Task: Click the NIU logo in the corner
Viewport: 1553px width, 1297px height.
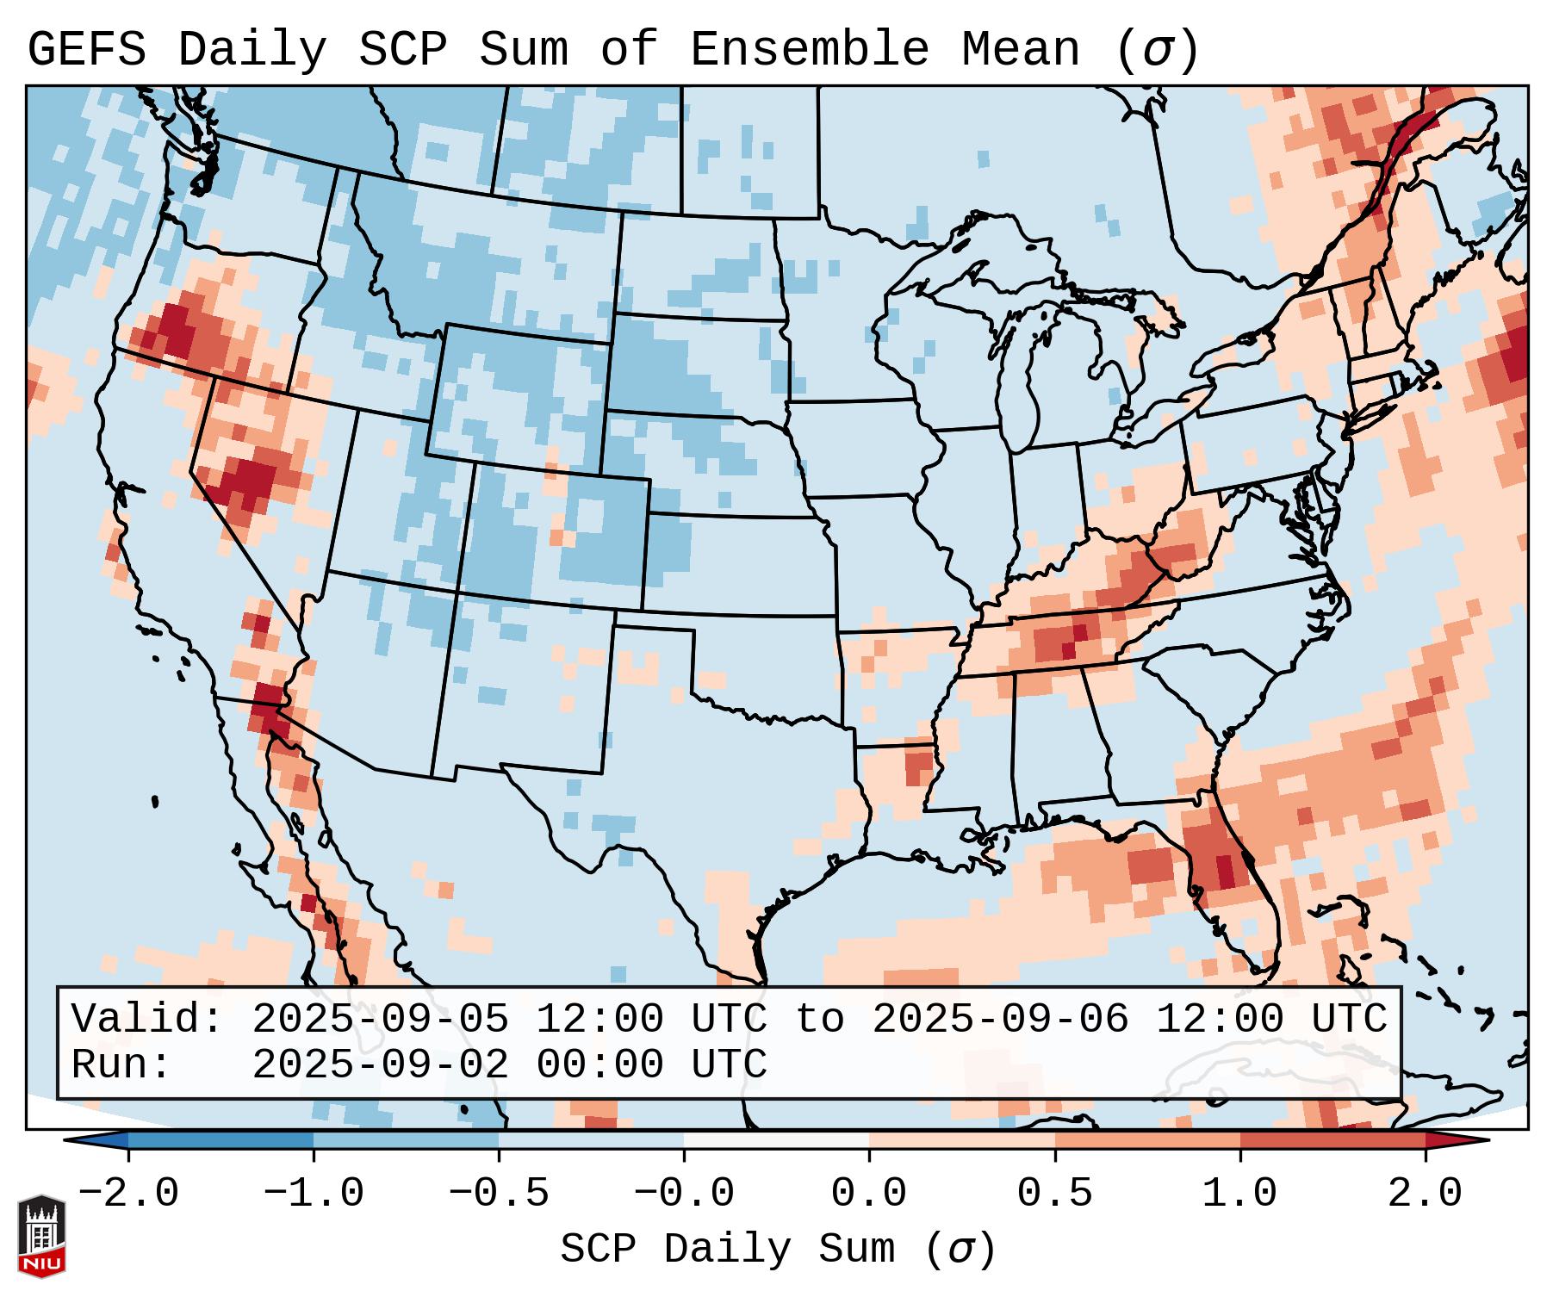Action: click(42, 1236)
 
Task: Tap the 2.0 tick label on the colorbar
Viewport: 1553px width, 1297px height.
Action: click(1425, 1194)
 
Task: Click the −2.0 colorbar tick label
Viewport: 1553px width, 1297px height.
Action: click(128, 1194)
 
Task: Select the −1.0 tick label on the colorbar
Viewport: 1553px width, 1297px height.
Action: click(314, 1194)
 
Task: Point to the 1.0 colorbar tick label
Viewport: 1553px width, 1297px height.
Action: click(1239, 1194)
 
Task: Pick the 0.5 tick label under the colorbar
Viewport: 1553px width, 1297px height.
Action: click(1054, 1194)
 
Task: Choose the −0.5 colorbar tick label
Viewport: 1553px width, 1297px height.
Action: click(499, 1194)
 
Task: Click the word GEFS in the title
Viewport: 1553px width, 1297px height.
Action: click(87, 50)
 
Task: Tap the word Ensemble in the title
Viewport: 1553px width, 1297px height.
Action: click(810, 50)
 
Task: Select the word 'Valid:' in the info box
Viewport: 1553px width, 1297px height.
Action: click(147, 1019)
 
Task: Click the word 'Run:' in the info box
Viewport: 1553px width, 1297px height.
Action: click(121, 1064)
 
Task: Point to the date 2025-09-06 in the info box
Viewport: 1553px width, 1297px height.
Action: click(1000, 1019)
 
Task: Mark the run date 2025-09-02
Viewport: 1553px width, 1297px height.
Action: click(380, 1064)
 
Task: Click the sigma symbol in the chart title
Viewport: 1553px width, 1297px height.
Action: click(1157, 50)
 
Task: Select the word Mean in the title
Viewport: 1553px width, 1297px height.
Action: click(1021, 50)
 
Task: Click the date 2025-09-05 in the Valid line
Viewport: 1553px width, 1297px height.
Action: click(380, 1019)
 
